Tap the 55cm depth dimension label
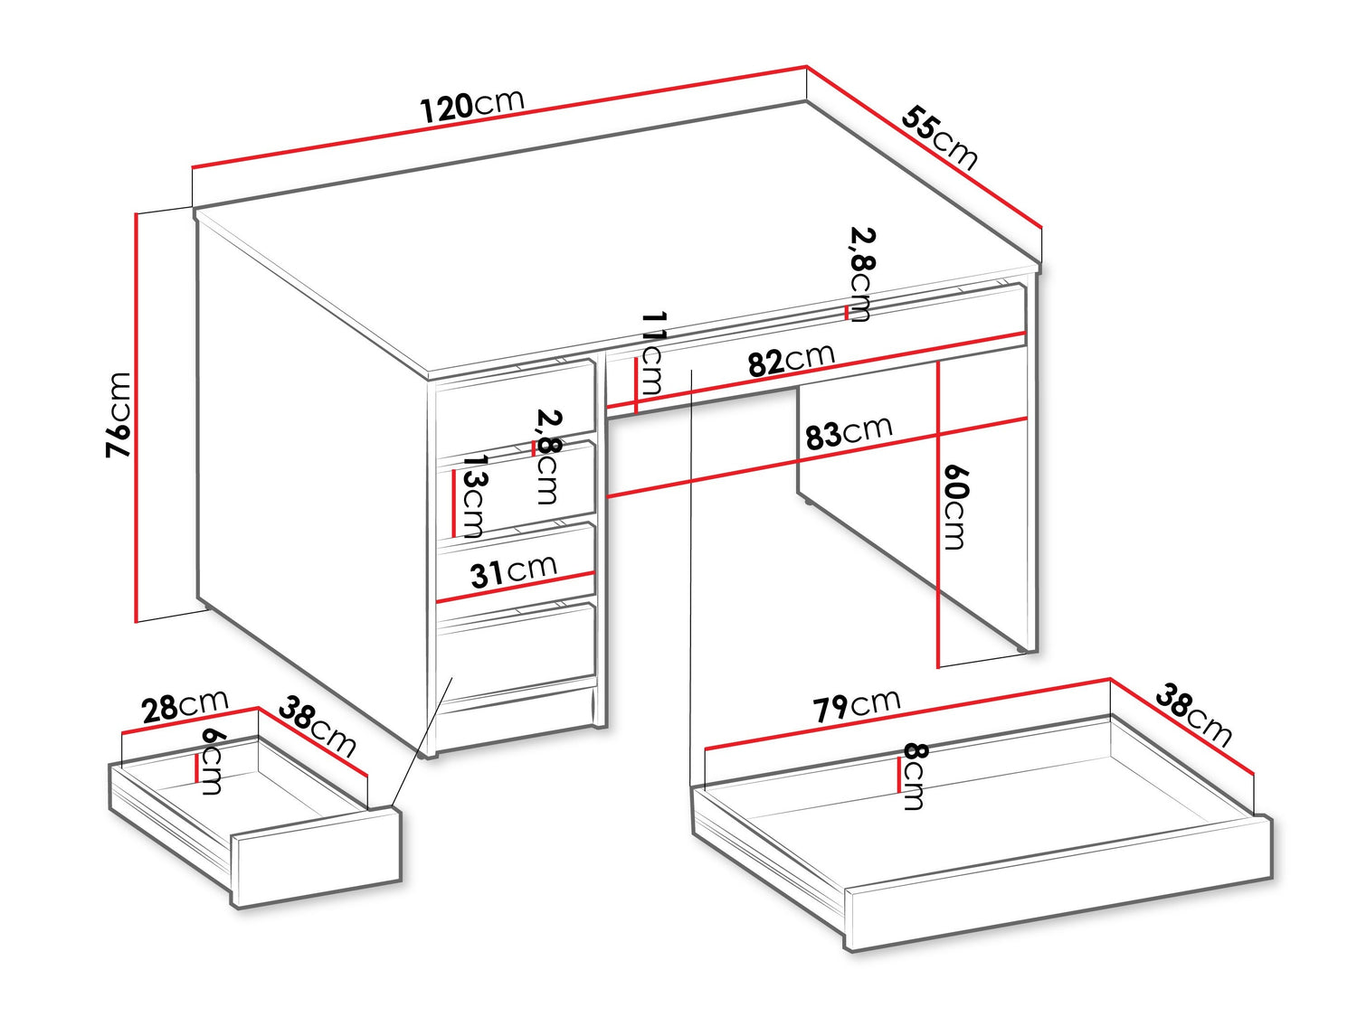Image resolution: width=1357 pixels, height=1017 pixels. (x=939, y=137)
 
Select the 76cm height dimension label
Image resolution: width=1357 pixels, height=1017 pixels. (x=119, y=415)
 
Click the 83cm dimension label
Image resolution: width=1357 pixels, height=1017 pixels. (x=849, y=432)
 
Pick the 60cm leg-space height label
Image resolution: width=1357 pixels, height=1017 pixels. (x=955, y=507)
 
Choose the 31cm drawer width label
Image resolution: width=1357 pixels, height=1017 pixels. (x=513, y=571)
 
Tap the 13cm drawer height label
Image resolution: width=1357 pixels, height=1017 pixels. (x=476, y=495)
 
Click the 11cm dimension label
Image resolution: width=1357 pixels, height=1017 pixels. (x=653, y=353)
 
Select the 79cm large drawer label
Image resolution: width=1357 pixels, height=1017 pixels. (x=857, y=704)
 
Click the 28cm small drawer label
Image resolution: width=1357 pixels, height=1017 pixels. (x=185, y=706)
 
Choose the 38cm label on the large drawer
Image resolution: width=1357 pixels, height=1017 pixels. (x=1193, y=714)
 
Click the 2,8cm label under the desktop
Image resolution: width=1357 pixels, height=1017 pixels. (x=862, y=274)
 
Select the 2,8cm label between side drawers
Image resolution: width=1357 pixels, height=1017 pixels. (x=547, y=457)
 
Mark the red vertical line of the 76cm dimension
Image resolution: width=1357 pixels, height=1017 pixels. (x=135, y=418)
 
